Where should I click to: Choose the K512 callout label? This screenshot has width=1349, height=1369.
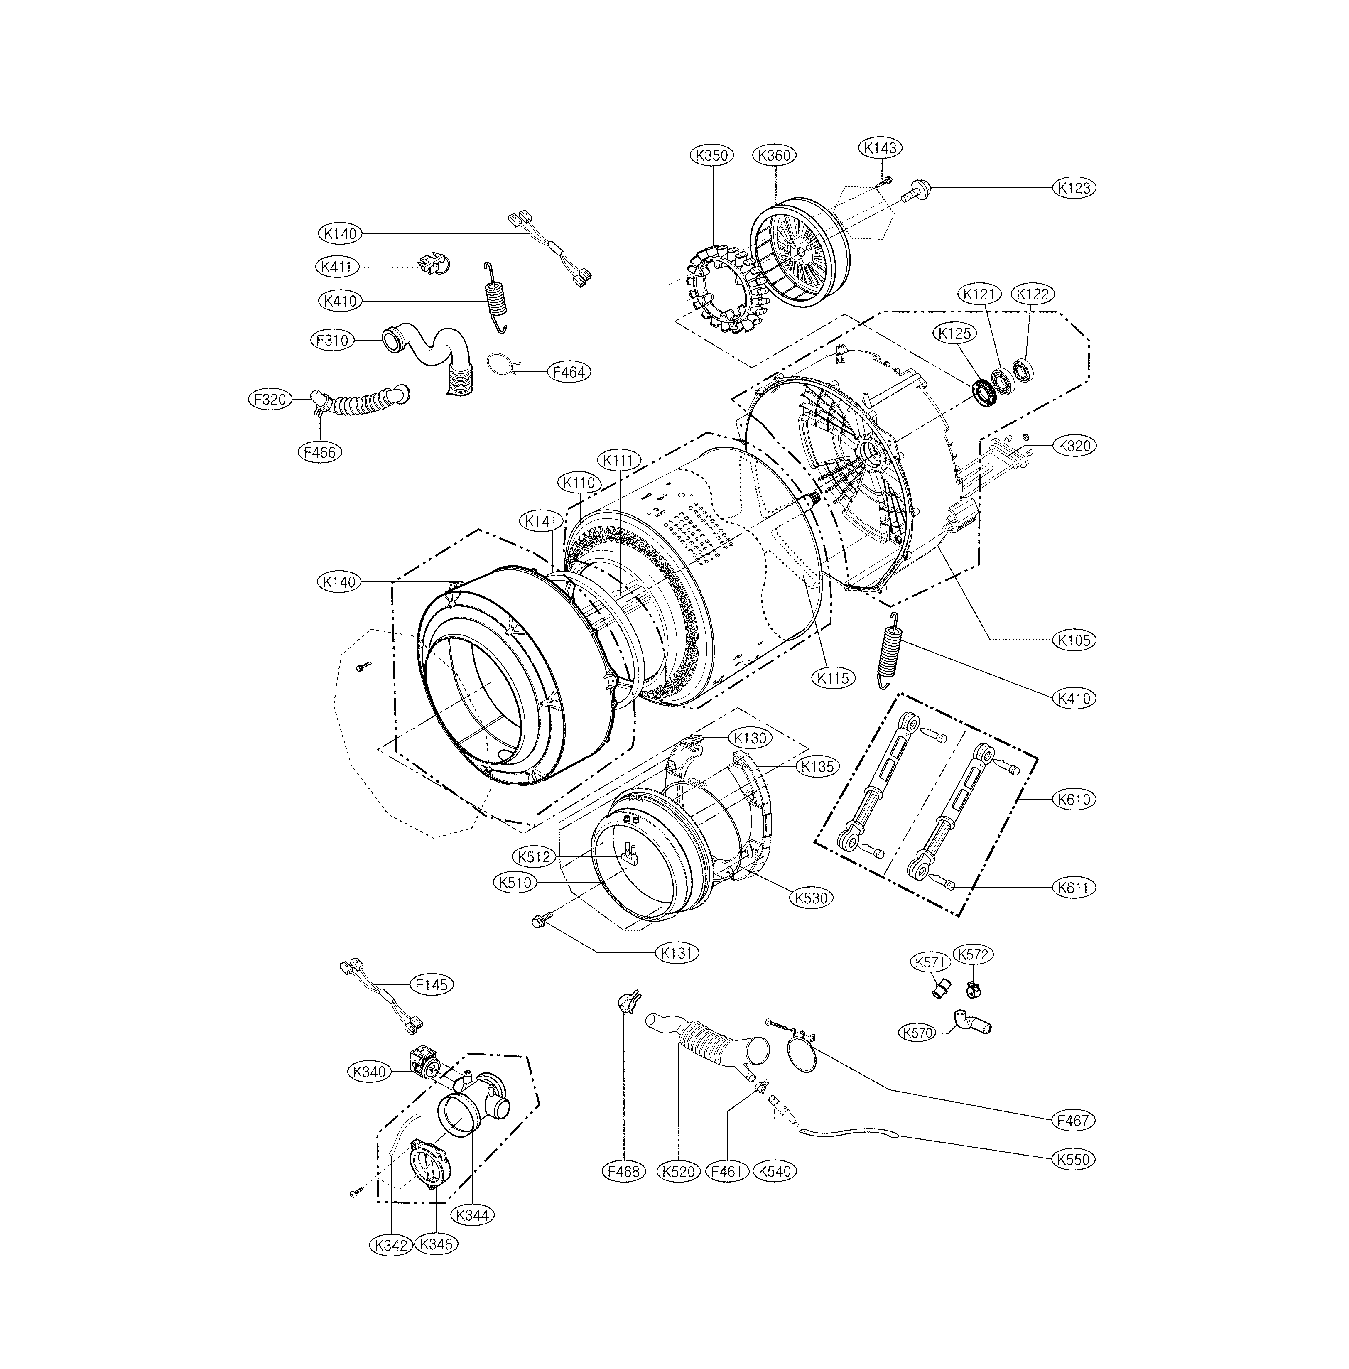[x=534, y=857]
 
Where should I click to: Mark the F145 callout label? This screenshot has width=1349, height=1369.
[x=432, y=984]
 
